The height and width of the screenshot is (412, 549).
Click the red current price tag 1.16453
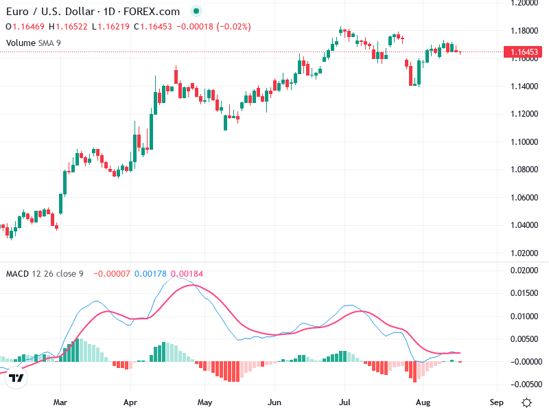pos(523,52)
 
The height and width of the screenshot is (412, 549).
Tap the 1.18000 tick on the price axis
pos(524,31)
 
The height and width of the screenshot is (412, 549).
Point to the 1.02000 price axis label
pos(524,253)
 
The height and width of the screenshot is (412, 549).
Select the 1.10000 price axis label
pos(524,142)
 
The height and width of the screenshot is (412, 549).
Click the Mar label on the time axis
pos(60,402)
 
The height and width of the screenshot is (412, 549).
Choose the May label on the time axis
pos(205,402)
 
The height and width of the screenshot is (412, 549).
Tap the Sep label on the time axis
pos(496,402)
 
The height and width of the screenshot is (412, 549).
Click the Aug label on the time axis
pos(423,402)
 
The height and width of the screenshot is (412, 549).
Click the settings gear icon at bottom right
pos(526,402)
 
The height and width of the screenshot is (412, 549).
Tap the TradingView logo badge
pos(16,378)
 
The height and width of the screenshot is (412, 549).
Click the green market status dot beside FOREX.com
pos(196,11)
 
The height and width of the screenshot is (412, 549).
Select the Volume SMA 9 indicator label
pos(33,43)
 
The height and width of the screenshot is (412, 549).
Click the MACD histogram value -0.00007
pos(112,273)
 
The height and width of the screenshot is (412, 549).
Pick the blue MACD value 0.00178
pos(150,273)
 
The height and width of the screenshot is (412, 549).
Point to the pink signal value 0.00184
pos(187,273)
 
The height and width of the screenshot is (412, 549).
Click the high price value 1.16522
pos(71,27)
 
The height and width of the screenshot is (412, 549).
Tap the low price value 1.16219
pos(113,27)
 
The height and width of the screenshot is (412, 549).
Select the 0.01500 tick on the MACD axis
pos(524,293)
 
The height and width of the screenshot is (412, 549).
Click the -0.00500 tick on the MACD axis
pos(524,385)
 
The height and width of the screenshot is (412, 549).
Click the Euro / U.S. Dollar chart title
pos(50,12)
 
